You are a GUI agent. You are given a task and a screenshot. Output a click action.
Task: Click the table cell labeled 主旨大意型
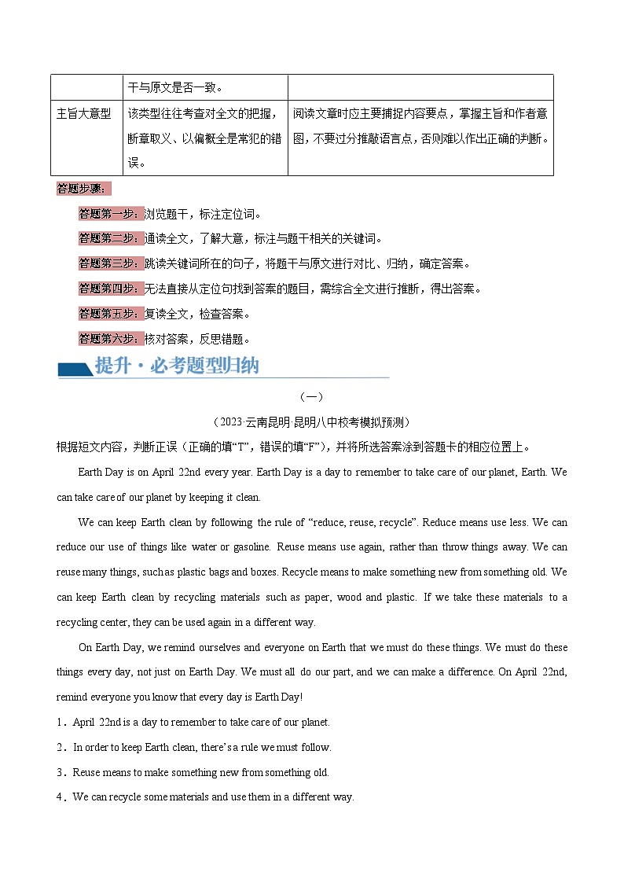[84, 113]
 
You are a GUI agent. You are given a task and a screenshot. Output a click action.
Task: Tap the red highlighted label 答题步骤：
[85, 189]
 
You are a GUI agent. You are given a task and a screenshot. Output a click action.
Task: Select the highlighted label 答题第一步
[110, 214]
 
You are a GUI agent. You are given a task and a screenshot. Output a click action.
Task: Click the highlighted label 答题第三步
[110, 263]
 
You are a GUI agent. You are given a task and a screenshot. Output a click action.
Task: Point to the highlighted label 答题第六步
[110, 339]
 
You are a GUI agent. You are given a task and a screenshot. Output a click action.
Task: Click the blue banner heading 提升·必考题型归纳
[176, 366]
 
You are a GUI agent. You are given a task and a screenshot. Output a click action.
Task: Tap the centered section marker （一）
[312, 397]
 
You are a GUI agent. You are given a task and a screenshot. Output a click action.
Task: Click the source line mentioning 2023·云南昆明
[312, 422]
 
